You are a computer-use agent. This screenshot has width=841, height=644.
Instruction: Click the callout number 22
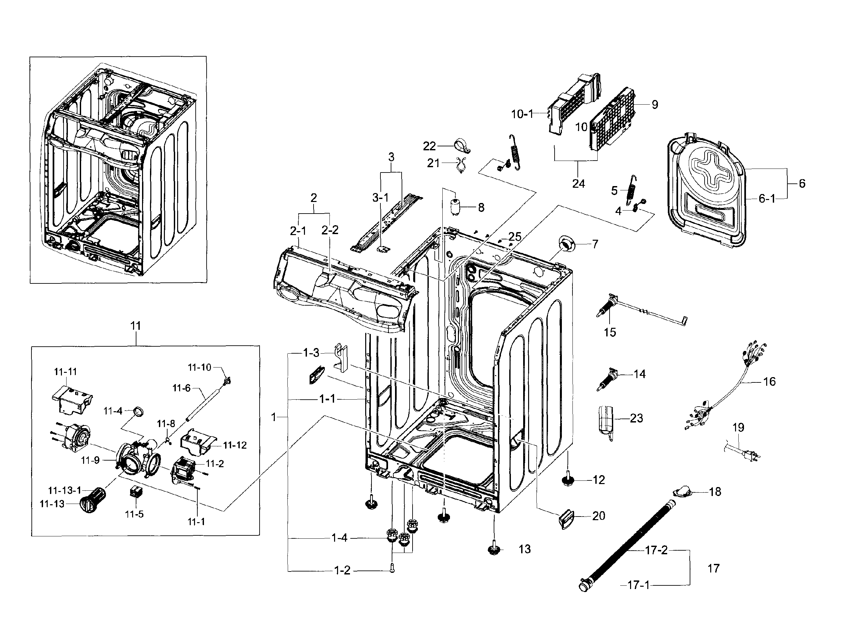tap(429, 146)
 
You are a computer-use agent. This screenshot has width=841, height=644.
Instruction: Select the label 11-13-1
tap(64, 490)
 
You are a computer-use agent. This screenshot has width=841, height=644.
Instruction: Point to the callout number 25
tap(515, 236)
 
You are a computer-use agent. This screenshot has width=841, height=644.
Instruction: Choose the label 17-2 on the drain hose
tap(656, 550)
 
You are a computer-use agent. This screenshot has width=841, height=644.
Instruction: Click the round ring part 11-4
tap(139, 412)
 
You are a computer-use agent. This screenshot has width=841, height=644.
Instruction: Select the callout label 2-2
tap(330, 230)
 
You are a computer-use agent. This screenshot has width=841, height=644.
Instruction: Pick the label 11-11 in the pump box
tap(65, 372)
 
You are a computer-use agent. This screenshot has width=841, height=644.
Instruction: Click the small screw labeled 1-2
tap(391, 569)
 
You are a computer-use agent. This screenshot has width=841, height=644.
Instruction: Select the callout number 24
tap(578, 184)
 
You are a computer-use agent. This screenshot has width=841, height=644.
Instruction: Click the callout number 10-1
tap(522, 114)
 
